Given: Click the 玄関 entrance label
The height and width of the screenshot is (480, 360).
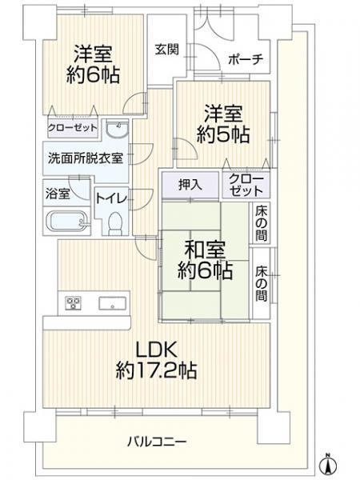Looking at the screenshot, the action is pyautogui.click(x=167, y=50).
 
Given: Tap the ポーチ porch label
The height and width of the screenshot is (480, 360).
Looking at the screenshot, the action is pyautogui.click(x=246, y=59).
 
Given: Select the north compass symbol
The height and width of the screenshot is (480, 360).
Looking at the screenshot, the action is pyautogui.click(x=328, y=463).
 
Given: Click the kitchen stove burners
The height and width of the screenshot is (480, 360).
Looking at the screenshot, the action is pyautogui.click(x=73, y=302).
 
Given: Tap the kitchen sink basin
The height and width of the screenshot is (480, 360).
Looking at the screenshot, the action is pyautogui.click(x=112, y=303).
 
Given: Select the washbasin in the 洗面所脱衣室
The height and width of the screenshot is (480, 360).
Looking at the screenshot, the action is pyautogui.click(x=117, y=130).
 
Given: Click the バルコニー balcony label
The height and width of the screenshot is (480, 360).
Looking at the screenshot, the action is pyautogui.click(x=157, y=442).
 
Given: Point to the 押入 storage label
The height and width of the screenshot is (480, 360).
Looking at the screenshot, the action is pyautogui.click(x=190, y=185).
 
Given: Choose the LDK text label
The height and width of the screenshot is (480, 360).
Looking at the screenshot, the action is pyautogui.click(x=156, y=350).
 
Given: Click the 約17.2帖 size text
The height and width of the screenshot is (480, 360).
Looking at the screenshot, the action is pyautogui.click(x=156, y=370).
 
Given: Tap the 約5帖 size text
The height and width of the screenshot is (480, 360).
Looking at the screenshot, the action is pyautogui.click(x=223, y=134).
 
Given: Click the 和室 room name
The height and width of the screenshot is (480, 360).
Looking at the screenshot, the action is pyautogui.click(x=205, y=250).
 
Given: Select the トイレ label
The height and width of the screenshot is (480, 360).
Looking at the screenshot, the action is pyautogui.click(x=111, y=198).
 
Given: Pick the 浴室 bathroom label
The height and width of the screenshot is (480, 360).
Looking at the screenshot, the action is pyautogui.click(x=58, y=194).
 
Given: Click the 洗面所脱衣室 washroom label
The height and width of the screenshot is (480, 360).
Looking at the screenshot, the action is pyautogui.click(x=86, y=158).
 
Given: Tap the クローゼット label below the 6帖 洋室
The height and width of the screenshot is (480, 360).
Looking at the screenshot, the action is pyautogui.click(x=72, y=128).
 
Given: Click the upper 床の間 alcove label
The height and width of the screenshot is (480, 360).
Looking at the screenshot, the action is pyautogui.click(x=261, y=223).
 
